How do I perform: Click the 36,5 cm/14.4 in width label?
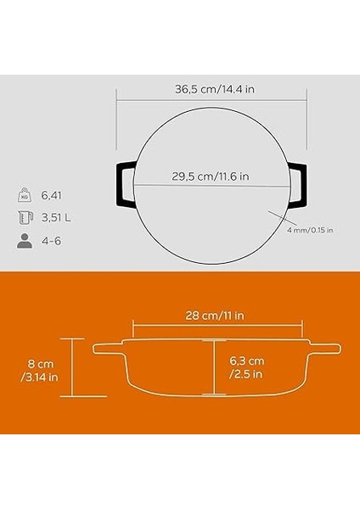(x=206, y=88)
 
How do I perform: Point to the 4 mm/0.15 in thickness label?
(x=310, y=229)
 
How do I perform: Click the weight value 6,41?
(x=53, y=194)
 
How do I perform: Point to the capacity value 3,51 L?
(x=56, y=218)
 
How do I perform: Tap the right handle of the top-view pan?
(x=298, y=182)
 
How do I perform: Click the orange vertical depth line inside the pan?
(x=214, y=366)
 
